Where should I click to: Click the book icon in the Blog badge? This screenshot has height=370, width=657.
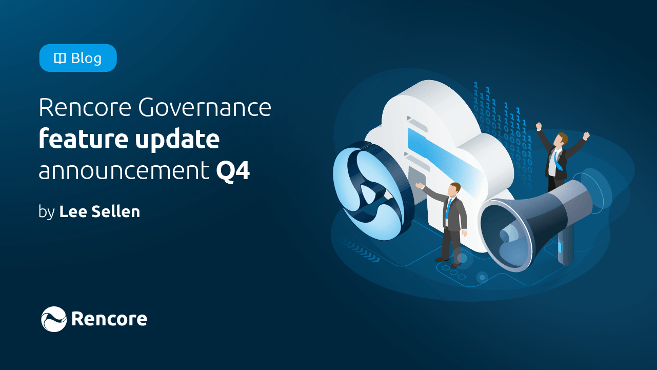click(x=60, y=59)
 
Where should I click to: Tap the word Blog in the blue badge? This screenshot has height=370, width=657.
click(x=86, y=59)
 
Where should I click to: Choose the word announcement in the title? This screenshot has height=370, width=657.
click(x=124, y=171)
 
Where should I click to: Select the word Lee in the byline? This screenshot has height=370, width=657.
click(x=71, y=211)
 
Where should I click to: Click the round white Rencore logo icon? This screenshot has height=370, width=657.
click(x=54, y=319)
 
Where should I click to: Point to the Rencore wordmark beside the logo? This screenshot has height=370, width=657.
click(x=109, y=319)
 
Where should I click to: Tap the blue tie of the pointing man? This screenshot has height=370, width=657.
click(x=449, y=208)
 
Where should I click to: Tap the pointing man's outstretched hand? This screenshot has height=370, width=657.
click(x=420, y=186)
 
